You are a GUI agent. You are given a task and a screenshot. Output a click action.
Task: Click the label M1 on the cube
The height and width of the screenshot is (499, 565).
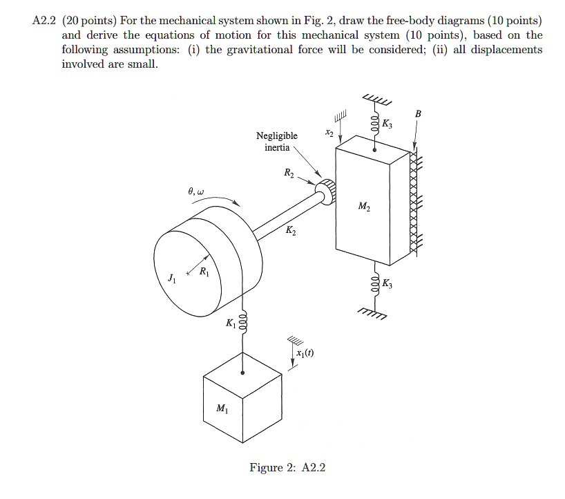click(x=221, y=408)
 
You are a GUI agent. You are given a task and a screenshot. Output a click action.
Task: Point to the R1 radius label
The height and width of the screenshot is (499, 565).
click(x=204, y=271)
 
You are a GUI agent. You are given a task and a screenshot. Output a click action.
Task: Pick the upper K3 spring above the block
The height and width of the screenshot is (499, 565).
click(x=375, y=124)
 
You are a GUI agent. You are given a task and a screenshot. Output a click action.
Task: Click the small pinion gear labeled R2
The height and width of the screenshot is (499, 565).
click(x=324, y=190)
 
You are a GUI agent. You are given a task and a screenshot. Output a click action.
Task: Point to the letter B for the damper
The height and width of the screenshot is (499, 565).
click(x=417, y=114)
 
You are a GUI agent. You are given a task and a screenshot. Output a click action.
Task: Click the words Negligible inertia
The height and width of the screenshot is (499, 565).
click(x=276, y=142)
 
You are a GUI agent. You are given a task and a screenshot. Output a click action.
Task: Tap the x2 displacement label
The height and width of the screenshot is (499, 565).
click(x=329, y=133)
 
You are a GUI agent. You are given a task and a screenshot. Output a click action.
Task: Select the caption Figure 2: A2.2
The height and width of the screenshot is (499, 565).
click(x=287, y=468)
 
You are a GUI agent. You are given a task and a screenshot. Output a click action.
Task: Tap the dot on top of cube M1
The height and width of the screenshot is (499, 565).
click(x=242, y=373)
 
